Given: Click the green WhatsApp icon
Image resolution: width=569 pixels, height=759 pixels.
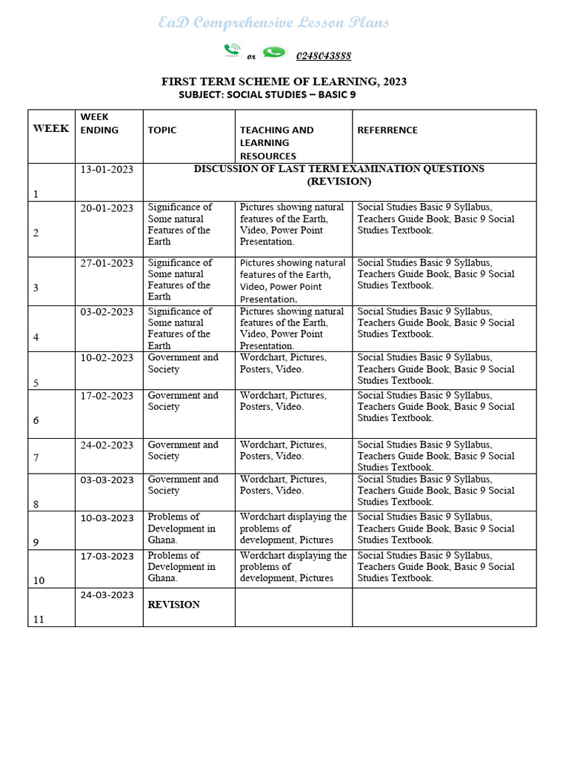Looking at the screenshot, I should click(x=274, y=52).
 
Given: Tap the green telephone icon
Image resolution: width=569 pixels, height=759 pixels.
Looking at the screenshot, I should click(x=232, y=50).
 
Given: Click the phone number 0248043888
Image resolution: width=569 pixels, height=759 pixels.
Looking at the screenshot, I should click(x=324, y=56).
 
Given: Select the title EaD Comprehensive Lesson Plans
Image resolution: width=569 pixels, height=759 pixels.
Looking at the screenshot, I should click(x=273, y=23).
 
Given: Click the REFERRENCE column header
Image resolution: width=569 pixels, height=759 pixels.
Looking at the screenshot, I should click(x=387, y=130).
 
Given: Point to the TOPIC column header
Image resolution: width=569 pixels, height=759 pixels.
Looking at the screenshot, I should click(x=162, y=130).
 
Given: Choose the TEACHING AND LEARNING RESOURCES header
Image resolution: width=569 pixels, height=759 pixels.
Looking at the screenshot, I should click(x=276, y=142).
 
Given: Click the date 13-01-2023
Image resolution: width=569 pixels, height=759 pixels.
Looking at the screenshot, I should click(x=107, y=169).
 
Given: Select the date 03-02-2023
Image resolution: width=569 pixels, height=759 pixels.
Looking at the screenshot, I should click(x=107, y=311).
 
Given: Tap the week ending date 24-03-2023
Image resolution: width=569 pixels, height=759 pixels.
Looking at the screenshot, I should click(x=107, y=594).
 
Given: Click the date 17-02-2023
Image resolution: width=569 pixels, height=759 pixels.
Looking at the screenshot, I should click(x=107, y=395).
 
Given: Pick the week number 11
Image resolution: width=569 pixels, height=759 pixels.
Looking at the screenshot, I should click(x=39, y=619).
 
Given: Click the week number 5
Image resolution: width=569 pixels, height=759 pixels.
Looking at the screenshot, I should click(x=36, y=383).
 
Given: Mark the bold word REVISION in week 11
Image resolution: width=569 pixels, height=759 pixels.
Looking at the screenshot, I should click(x=173, y=605).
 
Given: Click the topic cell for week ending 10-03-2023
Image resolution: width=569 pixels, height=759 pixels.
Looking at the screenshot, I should click(x=182, y=528).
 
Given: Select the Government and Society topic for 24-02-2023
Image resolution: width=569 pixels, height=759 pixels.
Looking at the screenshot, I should click(x=183, y=451).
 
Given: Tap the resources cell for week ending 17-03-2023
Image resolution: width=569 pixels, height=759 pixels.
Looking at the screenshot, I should click(x=293, y=566).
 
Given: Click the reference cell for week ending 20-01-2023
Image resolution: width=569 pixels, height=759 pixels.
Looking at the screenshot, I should click(x=436, y=219).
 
